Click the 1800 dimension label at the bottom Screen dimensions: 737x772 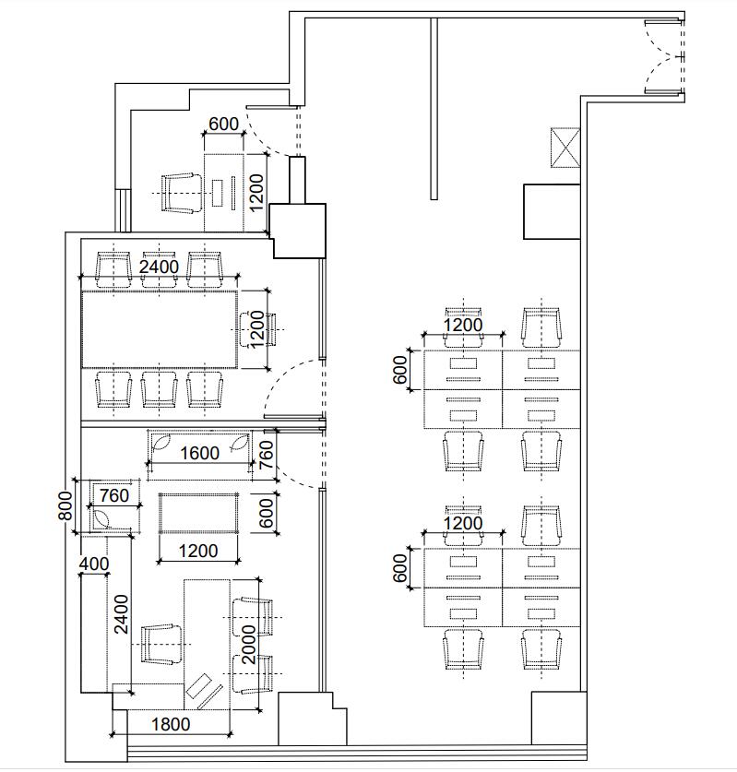click(171, 724)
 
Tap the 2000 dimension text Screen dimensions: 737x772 click(250, 645)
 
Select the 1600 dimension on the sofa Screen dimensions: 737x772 click(199, 453)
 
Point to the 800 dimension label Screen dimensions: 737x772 click(65, 505)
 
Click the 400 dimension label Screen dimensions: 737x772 click(94, 564)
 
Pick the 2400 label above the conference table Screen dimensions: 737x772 click(159, 267)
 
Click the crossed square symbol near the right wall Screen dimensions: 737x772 click(565, 148)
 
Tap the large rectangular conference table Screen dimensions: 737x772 click(160, 329)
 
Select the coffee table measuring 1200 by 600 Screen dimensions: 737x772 click(198, 513)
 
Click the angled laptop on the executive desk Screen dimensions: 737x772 click(203, 691)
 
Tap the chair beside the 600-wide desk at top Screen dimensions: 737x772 click(182, 193)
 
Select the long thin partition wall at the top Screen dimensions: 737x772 click(434, 109)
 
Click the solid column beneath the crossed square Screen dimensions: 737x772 click(552, 212)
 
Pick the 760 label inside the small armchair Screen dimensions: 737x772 click(114, 495)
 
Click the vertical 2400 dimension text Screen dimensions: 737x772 click(121, 614)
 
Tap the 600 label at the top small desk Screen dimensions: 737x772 click(223, 125)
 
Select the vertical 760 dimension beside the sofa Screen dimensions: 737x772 click(266, 455)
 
